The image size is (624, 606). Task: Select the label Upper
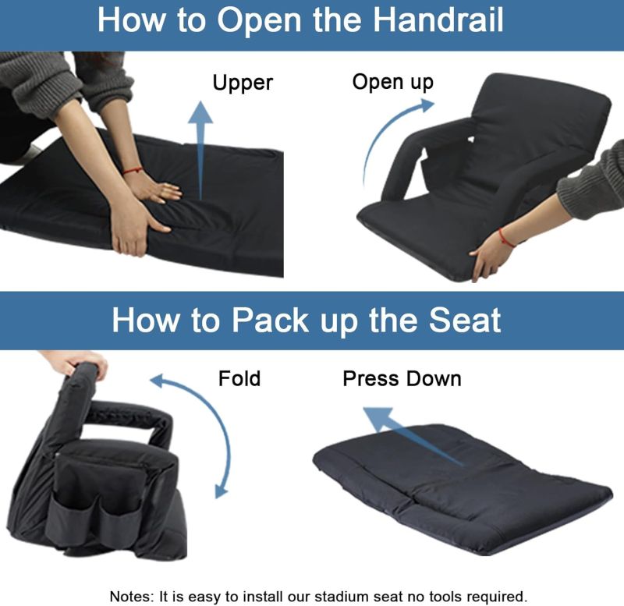[x=243, y=83]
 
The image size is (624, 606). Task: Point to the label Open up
[x=393, y=82]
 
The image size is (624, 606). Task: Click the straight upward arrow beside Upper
[x=200, y=151]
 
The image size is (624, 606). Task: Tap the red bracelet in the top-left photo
[x=133, y=171]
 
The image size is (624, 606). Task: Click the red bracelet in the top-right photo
[x=505, y=238]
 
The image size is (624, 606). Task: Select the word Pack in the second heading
[x=270, y=320]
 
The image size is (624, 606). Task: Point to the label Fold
[x=239, y=378]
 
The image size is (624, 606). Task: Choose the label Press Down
[x=402, y=378]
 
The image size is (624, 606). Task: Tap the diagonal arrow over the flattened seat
[x=414, y=436]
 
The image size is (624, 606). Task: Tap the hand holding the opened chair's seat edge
[x=491, y=255]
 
